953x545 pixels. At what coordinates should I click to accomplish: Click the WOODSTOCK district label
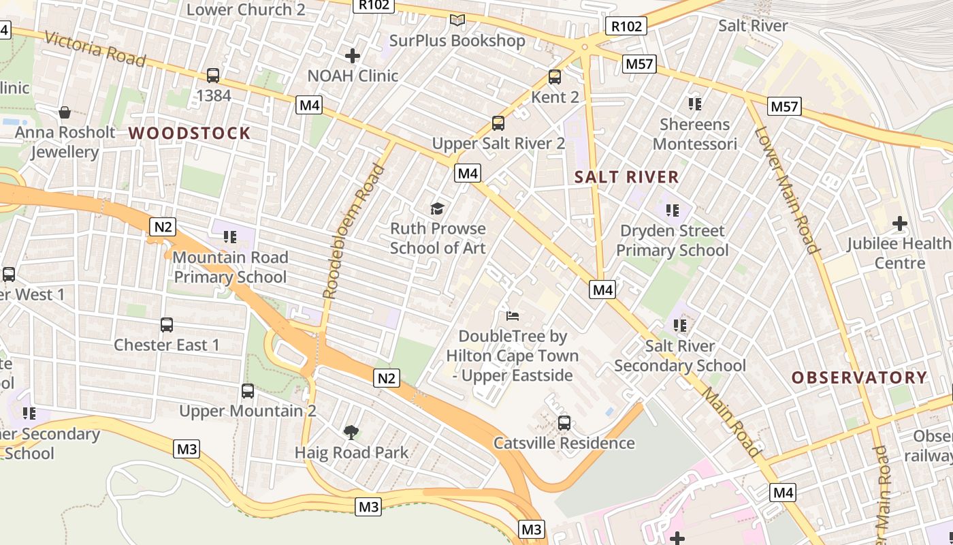[189, 133]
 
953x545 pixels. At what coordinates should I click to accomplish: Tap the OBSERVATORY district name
[859, 377]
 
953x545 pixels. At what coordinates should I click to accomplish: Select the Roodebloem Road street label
[353, 232]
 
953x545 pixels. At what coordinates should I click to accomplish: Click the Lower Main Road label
[787, 190]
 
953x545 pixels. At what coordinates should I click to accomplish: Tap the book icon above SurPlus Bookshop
[457, 20]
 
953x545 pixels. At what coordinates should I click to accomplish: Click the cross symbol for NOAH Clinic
[353, 55]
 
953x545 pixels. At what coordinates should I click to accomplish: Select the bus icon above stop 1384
[213, 76]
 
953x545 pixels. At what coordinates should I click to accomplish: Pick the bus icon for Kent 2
[555, 77]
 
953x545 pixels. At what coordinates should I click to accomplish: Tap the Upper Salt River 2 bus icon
[498, 123]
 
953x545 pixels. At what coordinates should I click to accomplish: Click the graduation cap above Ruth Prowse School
[437, 208]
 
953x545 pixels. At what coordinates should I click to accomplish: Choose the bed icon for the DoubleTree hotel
[513, 315]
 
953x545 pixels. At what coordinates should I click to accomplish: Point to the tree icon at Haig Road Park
[351, 431]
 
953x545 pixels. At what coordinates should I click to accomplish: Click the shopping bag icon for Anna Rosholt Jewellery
[65, 112]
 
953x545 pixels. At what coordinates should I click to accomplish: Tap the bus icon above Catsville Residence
[564, 422]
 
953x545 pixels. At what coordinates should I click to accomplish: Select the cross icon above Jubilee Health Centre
[900, 223]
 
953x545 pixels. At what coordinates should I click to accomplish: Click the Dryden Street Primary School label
[672, 240]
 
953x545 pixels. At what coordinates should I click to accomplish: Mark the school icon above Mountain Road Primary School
[229, 237]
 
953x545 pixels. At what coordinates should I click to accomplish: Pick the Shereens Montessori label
[694, 134]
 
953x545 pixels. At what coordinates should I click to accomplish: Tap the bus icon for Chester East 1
[167, 324]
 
